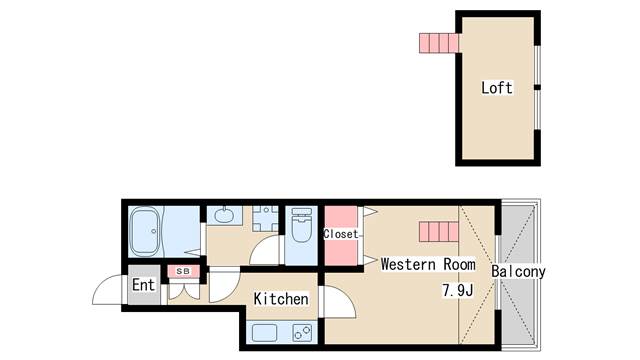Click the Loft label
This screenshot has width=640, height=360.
click(x=496, y=88)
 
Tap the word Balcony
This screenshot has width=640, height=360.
click(x=518, y=272)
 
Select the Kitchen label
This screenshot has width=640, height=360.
click(x=281, y=299)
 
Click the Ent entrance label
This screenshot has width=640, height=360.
click(x=144, y=285)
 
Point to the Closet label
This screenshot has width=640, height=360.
click(x=340, y=234)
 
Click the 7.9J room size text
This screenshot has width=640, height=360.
click(x=458, y=290)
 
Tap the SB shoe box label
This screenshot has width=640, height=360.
click(x=183, y=271)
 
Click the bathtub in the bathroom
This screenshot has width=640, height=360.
click(x=144, y=232)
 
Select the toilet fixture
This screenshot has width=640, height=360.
click(x=302, y=225)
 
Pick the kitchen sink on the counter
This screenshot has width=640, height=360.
click(x=264, y=333)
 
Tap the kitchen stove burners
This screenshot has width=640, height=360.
click(x=302, y=332)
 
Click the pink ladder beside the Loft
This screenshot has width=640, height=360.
click(x=439, y=43)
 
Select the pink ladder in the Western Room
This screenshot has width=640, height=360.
click(x=439, y=231)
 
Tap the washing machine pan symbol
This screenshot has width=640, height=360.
click(x=265, y=219)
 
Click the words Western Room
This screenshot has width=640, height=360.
click(x=428, y=264)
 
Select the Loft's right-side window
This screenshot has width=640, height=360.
click(x=537, y=87)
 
